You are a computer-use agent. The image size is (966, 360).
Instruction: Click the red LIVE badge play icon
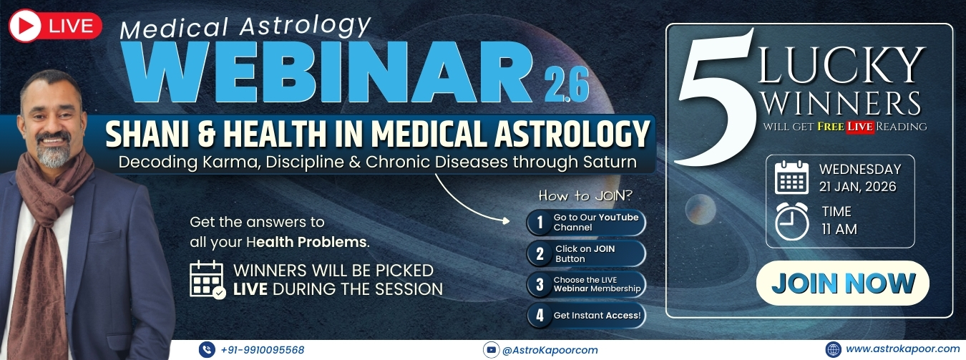[25, 26]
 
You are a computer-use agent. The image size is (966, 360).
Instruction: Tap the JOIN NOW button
[843, 283]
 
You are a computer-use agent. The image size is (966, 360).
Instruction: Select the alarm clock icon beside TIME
[792, 221]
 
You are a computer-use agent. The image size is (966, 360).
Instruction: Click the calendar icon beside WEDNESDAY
[792, 177]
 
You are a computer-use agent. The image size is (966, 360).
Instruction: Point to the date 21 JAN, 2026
[858, 187]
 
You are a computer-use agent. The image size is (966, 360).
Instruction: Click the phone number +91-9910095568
[262, 350]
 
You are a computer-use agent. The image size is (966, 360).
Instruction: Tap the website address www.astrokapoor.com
[902, 349]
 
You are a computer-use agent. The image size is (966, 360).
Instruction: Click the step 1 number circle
[540, 223]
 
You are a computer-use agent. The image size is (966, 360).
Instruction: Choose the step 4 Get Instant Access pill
[586, 316]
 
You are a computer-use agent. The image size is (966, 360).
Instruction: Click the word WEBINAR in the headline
[328, 72]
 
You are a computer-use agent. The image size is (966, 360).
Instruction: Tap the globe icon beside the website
[833, 349]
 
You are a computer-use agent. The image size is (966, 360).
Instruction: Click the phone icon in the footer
[207, 350]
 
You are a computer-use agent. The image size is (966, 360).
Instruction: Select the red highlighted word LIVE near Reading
[860, 127]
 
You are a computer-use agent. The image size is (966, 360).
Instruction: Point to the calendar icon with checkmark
[208, 279]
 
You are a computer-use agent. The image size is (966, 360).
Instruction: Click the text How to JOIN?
[585, 196]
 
